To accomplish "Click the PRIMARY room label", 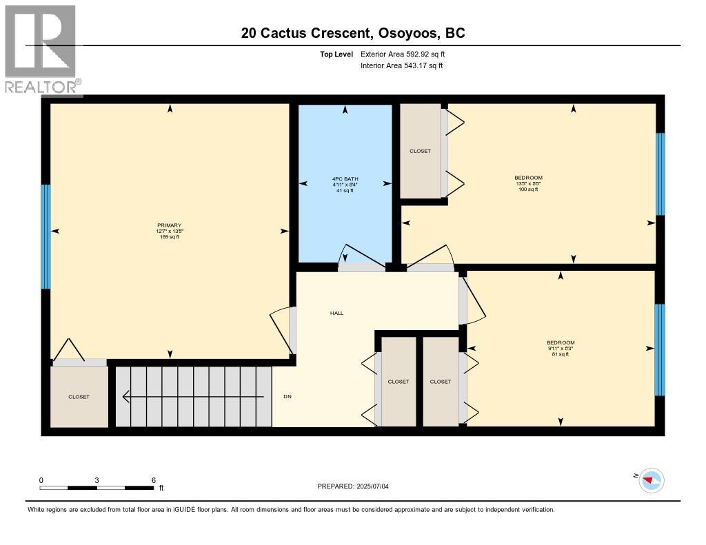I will (x=169, y=225).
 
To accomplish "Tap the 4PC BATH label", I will (x=345, y=180).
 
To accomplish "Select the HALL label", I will (x=336, y=313).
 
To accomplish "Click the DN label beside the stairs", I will (x=288, y=397).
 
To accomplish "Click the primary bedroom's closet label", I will (x=79, y=397).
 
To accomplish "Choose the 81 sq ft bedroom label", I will (x=560, y=343).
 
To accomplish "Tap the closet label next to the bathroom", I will (x=420, y=151).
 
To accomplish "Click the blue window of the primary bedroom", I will (x=46, y=236).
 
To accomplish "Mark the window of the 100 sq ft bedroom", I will (x=660, y=174).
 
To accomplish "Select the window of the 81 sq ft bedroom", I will (x=659, y=349).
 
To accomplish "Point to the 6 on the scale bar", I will (x=153, y=480).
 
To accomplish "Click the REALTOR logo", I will (x=41, y=48).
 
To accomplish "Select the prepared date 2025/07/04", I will (x=357, y=486).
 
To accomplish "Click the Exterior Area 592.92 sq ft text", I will (x=407, y=54).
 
